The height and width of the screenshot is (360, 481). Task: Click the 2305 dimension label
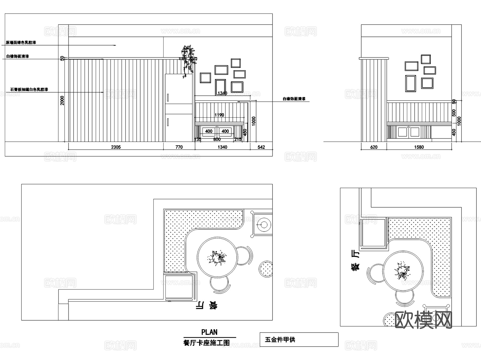(x=116, y=147)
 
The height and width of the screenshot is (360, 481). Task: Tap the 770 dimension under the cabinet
(x=179, y=147)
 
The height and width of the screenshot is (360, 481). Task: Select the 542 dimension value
(x=261, y=147)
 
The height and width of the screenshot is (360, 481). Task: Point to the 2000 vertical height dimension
(x=62, y=100)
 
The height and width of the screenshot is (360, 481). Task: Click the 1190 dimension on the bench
(x=219, y=115)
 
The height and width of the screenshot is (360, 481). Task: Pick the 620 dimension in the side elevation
(x=374, y=147)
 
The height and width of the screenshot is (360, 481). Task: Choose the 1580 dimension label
(x=419, y=147)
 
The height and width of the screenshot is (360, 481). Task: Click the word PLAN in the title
(x=209, y=332)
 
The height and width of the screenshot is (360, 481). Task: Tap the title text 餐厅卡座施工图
(x=207, y=343)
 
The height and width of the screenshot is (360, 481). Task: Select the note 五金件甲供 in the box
(x=280, y=340)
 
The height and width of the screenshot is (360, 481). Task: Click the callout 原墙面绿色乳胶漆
(x=21, y=42)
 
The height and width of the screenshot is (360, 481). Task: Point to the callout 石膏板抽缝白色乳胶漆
(x=29, y=90)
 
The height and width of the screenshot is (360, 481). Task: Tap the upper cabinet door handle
(x=168, y=98)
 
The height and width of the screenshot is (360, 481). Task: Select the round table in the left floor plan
(x=217, y=257)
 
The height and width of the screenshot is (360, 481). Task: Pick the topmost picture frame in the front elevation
(x=236, y=63)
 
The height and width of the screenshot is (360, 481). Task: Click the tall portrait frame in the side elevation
(x=410, y=83)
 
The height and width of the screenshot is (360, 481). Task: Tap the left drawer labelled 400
(x=209, y=131)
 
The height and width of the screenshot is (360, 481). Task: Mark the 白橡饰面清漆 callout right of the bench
(x=294, y=99)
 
